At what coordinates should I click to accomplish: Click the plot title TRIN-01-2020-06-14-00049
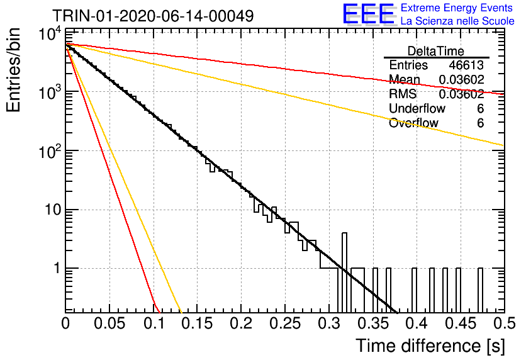tap(153, 16)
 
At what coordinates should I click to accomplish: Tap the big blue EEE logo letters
tap(369, 14)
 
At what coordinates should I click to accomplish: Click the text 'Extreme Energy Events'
tap(456, 8)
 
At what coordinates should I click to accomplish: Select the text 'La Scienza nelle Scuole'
tap(457, 21)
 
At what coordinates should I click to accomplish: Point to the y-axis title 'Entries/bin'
tap(13, 70)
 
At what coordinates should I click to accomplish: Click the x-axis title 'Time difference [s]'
tap(430, 346)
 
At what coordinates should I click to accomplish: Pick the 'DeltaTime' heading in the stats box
tap(436, 51)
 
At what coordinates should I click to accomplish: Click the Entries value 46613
tap(466, 65)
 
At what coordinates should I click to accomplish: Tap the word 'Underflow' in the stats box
tap(417, 108)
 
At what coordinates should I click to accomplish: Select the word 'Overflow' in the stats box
tap(413, 123)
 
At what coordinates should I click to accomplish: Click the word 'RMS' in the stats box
tap(403, 94)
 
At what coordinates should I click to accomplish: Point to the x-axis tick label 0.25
tap(285, 323)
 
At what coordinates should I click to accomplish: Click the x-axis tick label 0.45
tap(461, 323)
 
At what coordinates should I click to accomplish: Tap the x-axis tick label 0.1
tap(154, 323)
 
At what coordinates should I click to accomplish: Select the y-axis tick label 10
tap(53, 210)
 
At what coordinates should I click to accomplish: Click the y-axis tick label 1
tap(58, 268)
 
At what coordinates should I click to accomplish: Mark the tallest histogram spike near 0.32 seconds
tap(344, 273)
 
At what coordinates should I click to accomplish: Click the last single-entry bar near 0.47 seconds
tap(480, 290)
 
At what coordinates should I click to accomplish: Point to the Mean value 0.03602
tap(462, 79)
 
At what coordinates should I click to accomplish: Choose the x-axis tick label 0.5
tap(505, 323)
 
